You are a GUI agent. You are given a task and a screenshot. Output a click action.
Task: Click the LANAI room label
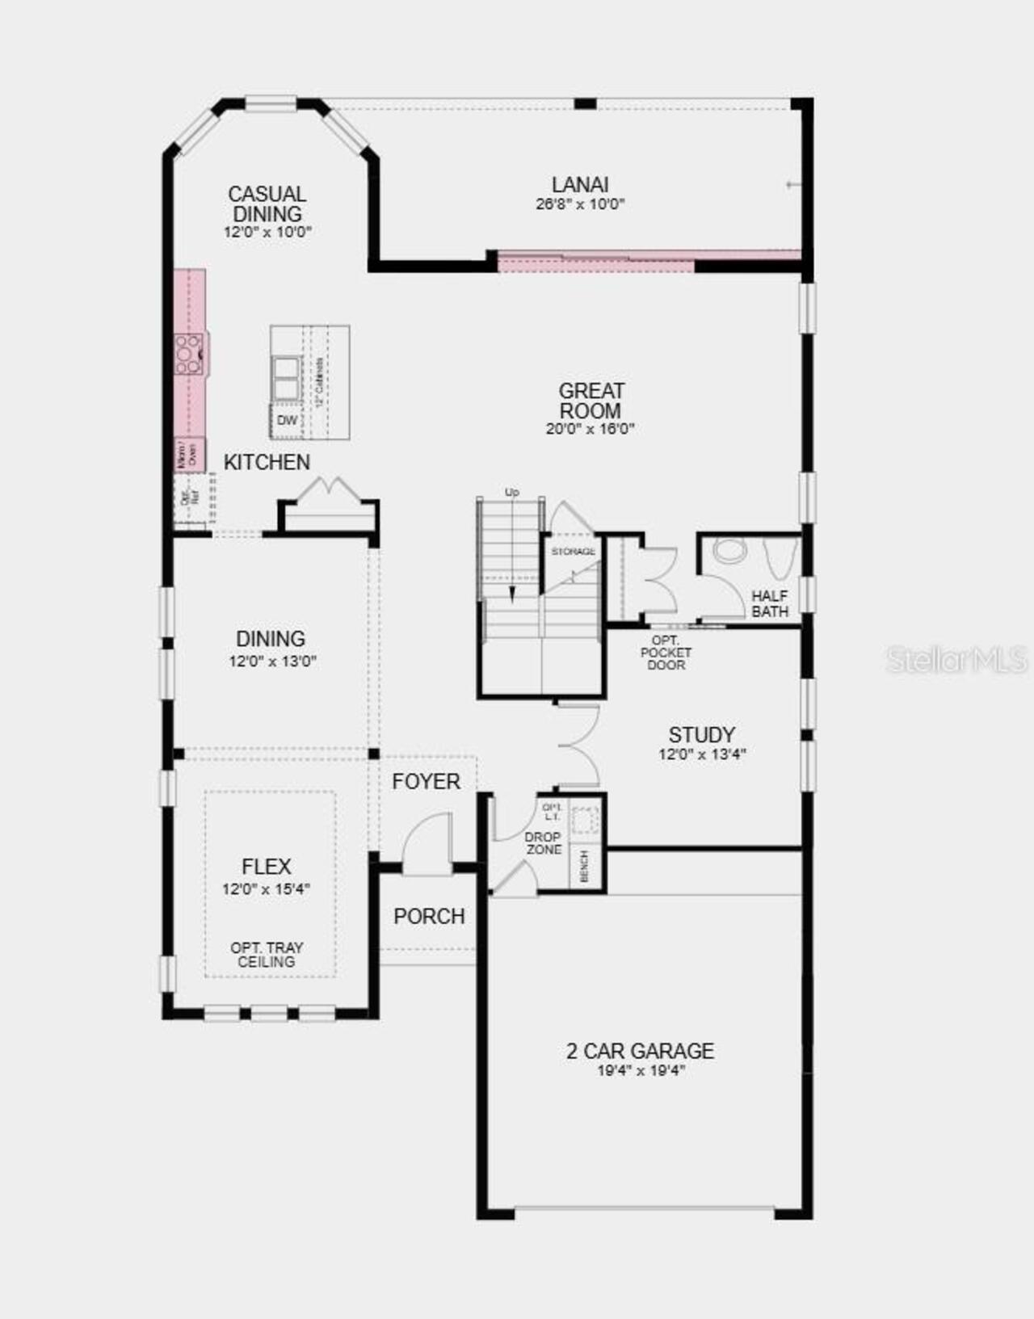[x=580, y=185]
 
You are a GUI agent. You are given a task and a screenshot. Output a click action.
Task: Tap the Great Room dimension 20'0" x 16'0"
[x=590, y=429]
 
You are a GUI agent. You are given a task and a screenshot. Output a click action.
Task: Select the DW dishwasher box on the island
[x=287, y=421]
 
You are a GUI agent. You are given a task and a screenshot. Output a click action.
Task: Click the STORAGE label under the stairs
[x=573, y=552]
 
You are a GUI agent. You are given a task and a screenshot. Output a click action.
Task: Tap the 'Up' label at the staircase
[x=511, y=492]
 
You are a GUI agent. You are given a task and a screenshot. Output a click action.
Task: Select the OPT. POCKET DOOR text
[x=666, y=653]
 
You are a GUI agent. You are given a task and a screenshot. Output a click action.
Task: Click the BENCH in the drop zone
[x=585, y=867]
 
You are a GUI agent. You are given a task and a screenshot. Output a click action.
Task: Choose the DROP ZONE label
[x=544, y=843]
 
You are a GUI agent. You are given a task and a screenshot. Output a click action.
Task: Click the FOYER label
[x=426, y=781]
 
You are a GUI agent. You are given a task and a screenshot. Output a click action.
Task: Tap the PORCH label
[x=429, y=917]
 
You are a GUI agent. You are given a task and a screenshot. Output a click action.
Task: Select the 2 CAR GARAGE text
[x=640, y=1051]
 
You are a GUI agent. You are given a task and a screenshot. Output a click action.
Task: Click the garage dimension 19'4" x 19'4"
[x=641, y=1071]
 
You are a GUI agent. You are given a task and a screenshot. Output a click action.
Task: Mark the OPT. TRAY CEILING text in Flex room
[x=267, y=955]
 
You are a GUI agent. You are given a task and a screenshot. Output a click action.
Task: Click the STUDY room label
[x=701, y=735]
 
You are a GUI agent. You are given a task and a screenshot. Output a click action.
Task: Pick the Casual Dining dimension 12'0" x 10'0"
[x=267, y=233]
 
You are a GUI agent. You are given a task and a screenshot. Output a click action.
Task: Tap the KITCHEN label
[x=267, y=462]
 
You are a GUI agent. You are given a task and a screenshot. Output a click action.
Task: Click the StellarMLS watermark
[x=956, y=660]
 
